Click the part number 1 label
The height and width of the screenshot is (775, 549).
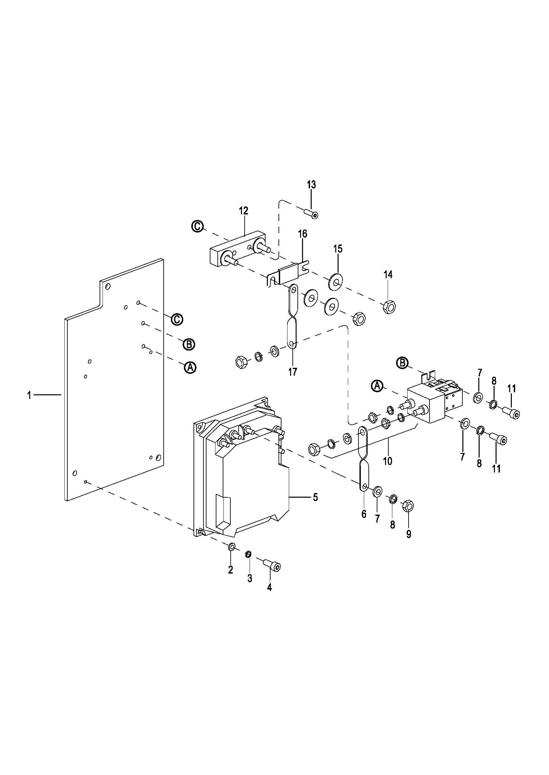click(x=30, y=395)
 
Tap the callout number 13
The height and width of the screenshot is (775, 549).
click(x=311, y=185)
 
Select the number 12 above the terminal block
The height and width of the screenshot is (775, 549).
click(x=243, y=211)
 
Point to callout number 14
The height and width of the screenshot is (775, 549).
click(x=388, y=275)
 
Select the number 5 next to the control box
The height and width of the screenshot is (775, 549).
click(x=315, y=497)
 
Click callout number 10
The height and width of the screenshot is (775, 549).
click(x=387, y=461)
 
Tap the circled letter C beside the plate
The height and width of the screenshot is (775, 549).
click(x=177, y=319)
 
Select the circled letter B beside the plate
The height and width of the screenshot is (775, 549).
click(x=189, y=344)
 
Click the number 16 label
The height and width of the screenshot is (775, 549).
click(x=303, y=234)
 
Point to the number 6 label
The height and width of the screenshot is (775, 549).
click(x=364, y=514)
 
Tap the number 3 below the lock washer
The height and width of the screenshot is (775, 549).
click(x=250, y=578)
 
